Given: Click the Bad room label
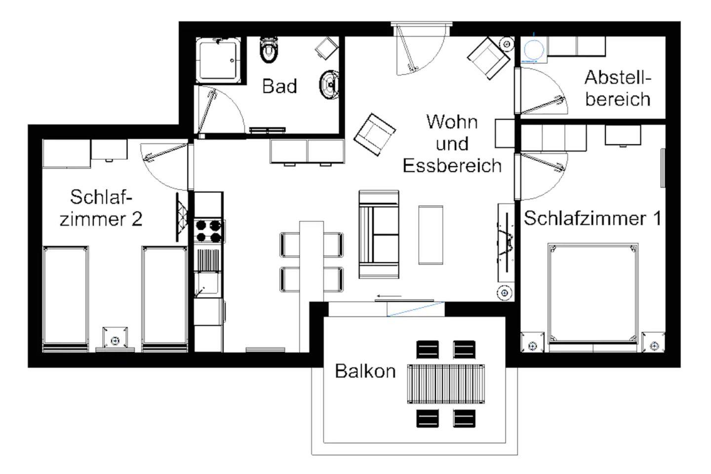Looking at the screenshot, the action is click(279, 86).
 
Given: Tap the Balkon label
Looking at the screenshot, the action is click(365, 371).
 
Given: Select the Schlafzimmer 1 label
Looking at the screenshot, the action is click(592, 218).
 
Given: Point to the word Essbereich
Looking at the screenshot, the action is click(452, 166).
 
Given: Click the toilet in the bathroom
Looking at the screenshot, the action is click(269, 49).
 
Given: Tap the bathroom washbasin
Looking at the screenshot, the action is click(329, 85).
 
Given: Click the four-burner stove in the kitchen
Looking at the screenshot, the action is click(208, 231).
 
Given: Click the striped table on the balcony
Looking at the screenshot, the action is click(446, 384).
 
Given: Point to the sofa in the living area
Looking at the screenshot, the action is click(379, 234).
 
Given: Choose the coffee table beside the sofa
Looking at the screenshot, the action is click(431, 235).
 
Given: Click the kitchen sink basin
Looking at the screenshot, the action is click(207, 283).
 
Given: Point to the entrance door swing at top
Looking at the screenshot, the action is click(421, 51).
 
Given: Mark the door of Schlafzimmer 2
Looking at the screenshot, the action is click(165, 167).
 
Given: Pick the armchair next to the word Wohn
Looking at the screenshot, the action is click(375, 135).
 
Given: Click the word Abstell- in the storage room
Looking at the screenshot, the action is click(618, 77).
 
